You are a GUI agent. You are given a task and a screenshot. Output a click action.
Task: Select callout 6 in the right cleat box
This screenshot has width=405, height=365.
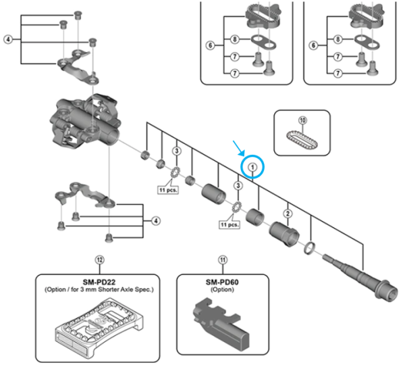tap(312, 45)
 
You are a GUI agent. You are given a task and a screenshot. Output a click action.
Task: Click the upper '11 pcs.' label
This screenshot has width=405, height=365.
tap(168, 191)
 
